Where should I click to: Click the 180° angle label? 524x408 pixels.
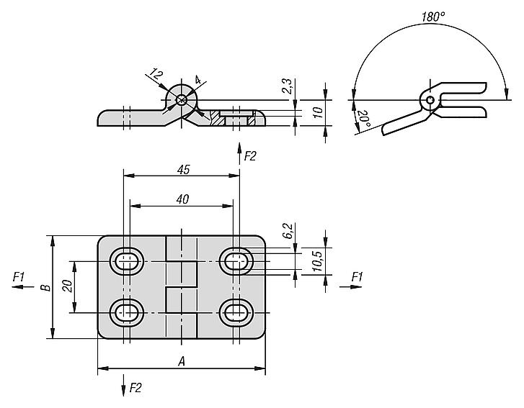coord(433,17)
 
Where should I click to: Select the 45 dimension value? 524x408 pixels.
coord(184,170)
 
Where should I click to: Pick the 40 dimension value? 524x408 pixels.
coord(183,199)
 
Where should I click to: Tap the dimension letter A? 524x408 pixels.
coord(182,361)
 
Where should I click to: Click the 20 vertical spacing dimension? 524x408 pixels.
coord(68,286)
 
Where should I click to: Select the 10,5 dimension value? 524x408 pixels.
coord(318,260)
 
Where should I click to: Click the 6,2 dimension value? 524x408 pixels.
coord(288,231)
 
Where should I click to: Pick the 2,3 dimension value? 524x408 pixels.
coord(288,86)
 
